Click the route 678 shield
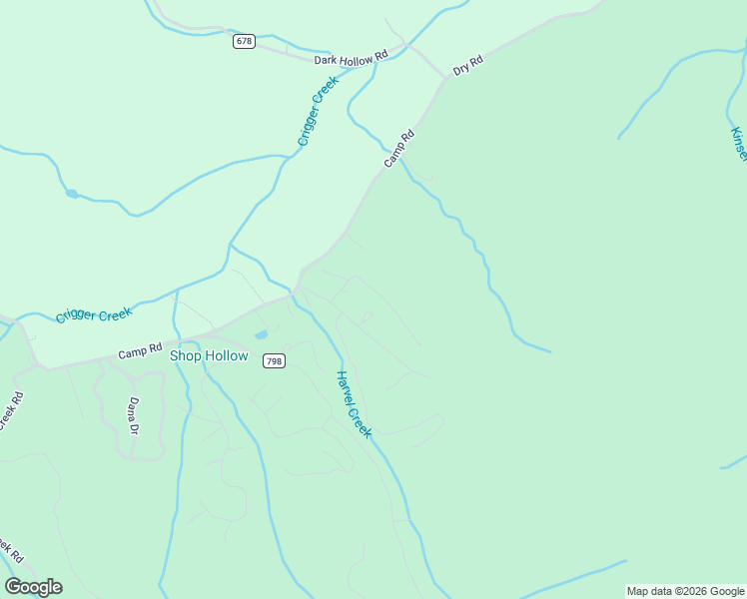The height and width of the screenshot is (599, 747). pos(246,41)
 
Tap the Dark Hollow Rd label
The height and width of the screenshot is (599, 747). pos(351,60)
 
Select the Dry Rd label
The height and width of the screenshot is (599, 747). pos(467,66)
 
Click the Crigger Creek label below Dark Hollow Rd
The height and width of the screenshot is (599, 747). pos(319,112)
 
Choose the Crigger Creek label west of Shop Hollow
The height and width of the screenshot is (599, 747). pos(94,314)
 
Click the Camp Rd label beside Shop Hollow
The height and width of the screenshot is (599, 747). pos(140,351)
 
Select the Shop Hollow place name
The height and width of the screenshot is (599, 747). pos(209,355)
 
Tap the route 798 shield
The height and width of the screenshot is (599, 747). pos(274,360)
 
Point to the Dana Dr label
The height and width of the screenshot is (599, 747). pos(133,415)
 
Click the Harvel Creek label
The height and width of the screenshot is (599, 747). pos(354,404)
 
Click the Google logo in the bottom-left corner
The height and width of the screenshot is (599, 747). pos(34,586)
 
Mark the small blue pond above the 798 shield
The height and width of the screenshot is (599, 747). pos(261,334)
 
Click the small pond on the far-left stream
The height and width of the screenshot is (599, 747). pos(72,193)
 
